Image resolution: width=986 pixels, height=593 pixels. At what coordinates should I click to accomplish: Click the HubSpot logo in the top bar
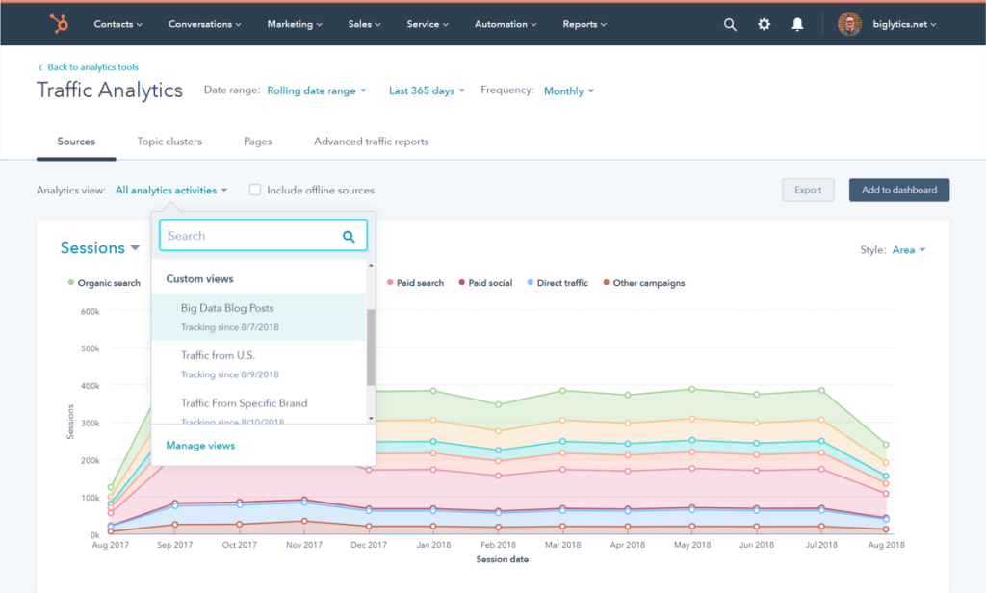point(59,24)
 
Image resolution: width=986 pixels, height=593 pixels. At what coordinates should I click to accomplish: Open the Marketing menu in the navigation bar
point(296,24)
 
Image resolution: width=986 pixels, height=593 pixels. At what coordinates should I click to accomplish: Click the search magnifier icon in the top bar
point(730,24)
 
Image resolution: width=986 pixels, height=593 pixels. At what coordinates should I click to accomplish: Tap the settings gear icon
point(764,24)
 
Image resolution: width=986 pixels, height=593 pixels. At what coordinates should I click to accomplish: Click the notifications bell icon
point(797,24)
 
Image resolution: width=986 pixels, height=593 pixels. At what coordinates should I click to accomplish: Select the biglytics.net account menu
point(887,24)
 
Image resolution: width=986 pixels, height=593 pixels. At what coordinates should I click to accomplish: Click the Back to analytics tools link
point(88,67)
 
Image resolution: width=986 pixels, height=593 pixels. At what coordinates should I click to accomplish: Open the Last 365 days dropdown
point(427,90)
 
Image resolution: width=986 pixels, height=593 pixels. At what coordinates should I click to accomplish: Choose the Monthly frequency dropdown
point(569,91)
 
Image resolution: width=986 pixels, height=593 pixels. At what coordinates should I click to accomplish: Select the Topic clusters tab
point(169,142)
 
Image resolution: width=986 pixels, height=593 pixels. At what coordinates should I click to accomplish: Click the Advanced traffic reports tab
point(371,142)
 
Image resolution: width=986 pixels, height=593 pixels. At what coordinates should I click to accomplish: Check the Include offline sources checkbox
point(255,191)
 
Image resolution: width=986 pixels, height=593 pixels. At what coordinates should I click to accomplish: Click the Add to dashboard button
point(898,190)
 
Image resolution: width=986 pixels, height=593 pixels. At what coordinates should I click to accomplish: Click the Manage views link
point(200,446)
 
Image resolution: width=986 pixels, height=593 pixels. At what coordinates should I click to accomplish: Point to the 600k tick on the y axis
point(89,311)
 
